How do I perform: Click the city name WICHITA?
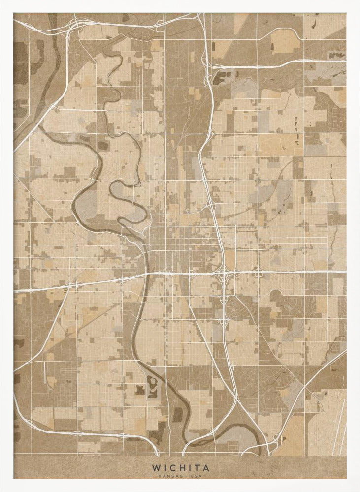pyautogui.click(x=180, y=468)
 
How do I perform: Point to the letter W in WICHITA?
pyautogui.click(x=156, y=468)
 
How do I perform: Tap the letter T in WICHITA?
pyautogui.click(x=196, y=468)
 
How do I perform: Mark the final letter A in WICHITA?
pyautogui.click(x=205, y=468)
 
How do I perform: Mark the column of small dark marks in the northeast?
pyautogui.click(x=296, y=129)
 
